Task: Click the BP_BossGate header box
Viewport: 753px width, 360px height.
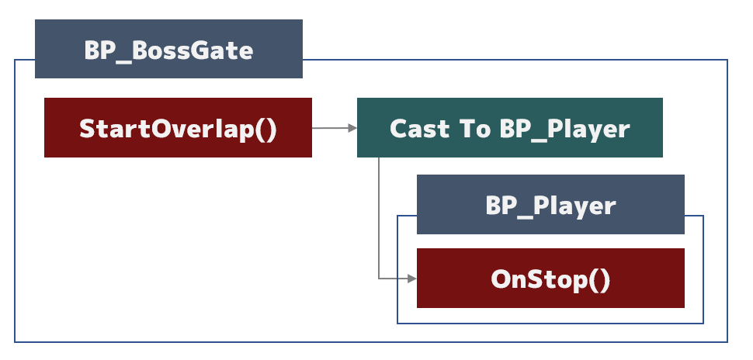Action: point(168,49)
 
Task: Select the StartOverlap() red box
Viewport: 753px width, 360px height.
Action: point(179,128)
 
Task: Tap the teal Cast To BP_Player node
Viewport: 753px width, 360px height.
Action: point(510,128)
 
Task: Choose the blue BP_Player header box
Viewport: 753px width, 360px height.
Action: point(550,205)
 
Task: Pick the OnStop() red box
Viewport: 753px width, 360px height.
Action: point(550,278)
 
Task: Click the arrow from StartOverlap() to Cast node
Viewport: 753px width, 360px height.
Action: point(335,128)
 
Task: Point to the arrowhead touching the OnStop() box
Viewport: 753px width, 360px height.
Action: point(412,279)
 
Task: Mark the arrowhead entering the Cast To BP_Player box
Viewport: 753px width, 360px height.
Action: point(352,128)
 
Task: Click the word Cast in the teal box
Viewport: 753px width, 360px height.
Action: point(420,129)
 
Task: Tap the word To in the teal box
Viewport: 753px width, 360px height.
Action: point(475,129)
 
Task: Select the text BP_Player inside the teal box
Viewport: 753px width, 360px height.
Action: point(564,130)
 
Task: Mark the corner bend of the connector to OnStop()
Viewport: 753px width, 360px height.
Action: point(379,279)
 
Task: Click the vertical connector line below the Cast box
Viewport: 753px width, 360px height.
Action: point(379,218)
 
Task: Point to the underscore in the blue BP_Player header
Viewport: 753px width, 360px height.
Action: point(525,215)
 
